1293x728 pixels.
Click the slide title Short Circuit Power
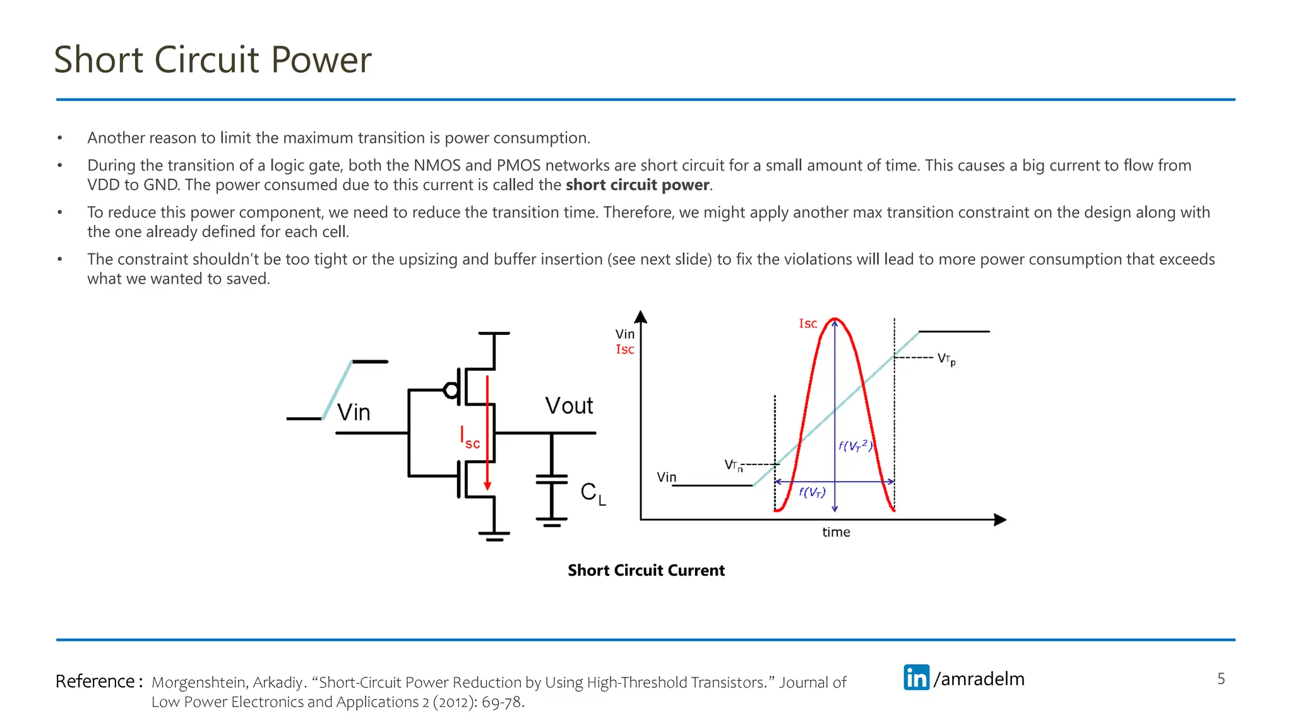coord(213,60)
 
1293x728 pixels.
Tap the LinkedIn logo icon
coord(916,677)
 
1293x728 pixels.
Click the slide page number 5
coord(1220,679)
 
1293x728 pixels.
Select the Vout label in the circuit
coord(569,406)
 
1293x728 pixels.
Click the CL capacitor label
coord(592,492)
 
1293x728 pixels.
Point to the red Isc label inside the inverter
coord(470,437)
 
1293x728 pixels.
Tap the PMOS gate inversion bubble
coord(451,390)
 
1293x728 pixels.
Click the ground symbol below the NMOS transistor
coord(494,536)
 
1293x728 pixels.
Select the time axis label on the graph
coord(836,532)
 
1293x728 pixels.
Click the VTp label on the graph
coord(946,359)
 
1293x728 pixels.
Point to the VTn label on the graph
coord(733,465)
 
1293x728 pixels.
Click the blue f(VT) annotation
coord(812,492)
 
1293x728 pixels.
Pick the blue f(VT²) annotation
coord(855,446)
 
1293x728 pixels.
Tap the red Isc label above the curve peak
coord(807,324)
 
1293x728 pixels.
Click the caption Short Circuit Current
coord(646,570)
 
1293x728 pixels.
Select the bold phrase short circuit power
coord(638,185)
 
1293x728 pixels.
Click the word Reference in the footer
coord(95,681)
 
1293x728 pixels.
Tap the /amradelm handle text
coord(979,679)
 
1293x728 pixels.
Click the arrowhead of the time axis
coord(999,519)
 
